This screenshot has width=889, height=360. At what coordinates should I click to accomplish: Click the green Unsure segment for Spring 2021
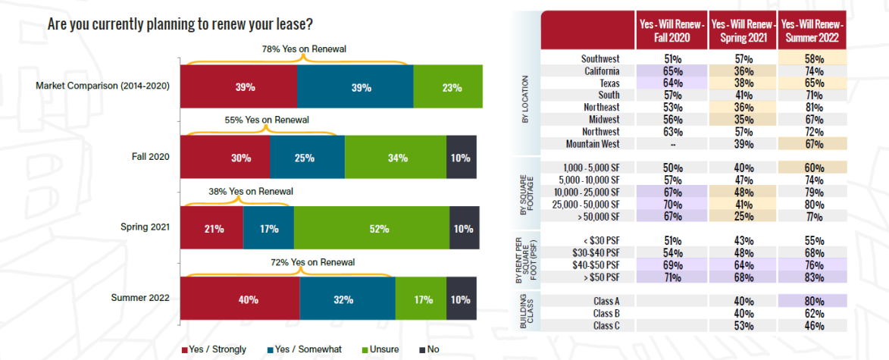(x=371, y=228)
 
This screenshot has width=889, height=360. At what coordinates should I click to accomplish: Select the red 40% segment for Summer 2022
(x=239, y=299)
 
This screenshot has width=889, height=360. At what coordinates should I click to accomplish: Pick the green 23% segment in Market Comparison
(x=448, y=86)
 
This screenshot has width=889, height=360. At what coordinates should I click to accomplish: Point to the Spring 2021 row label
(x=146, y=228)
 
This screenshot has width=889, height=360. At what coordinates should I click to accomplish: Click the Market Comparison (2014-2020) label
(x=102, y=86)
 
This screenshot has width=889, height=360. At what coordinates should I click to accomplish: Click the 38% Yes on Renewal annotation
(x=247, y=191)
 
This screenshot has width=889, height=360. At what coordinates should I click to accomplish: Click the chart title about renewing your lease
(x=181, y=24)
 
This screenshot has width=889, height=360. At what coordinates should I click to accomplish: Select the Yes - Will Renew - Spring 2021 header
(x=742, y=30)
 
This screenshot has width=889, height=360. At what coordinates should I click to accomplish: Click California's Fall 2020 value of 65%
(x=671, y=71)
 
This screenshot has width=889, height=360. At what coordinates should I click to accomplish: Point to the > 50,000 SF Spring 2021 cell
(x=742, y=215)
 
